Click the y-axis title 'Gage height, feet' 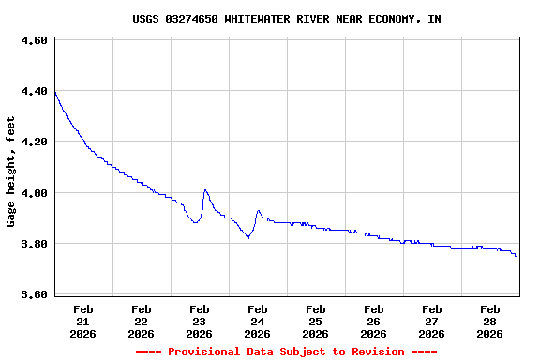[11, 172]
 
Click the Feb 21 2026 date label [82, 321]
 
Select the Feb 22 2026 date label [141, 321]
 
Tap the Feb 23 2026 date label [199, 321]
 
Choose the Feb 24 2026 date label [257, 321]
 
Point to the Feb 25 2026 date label [315, 321]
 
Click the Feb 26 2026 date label [373, 321]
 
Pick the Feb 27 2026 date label [431, 321]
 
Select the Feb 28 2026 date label [489, 321]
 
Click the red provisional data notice [286, 352]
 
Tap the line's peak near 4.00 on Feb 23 [205, 189]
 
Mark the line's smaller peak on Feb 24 [258, 211]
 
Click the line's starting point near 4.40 [55, 92]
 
